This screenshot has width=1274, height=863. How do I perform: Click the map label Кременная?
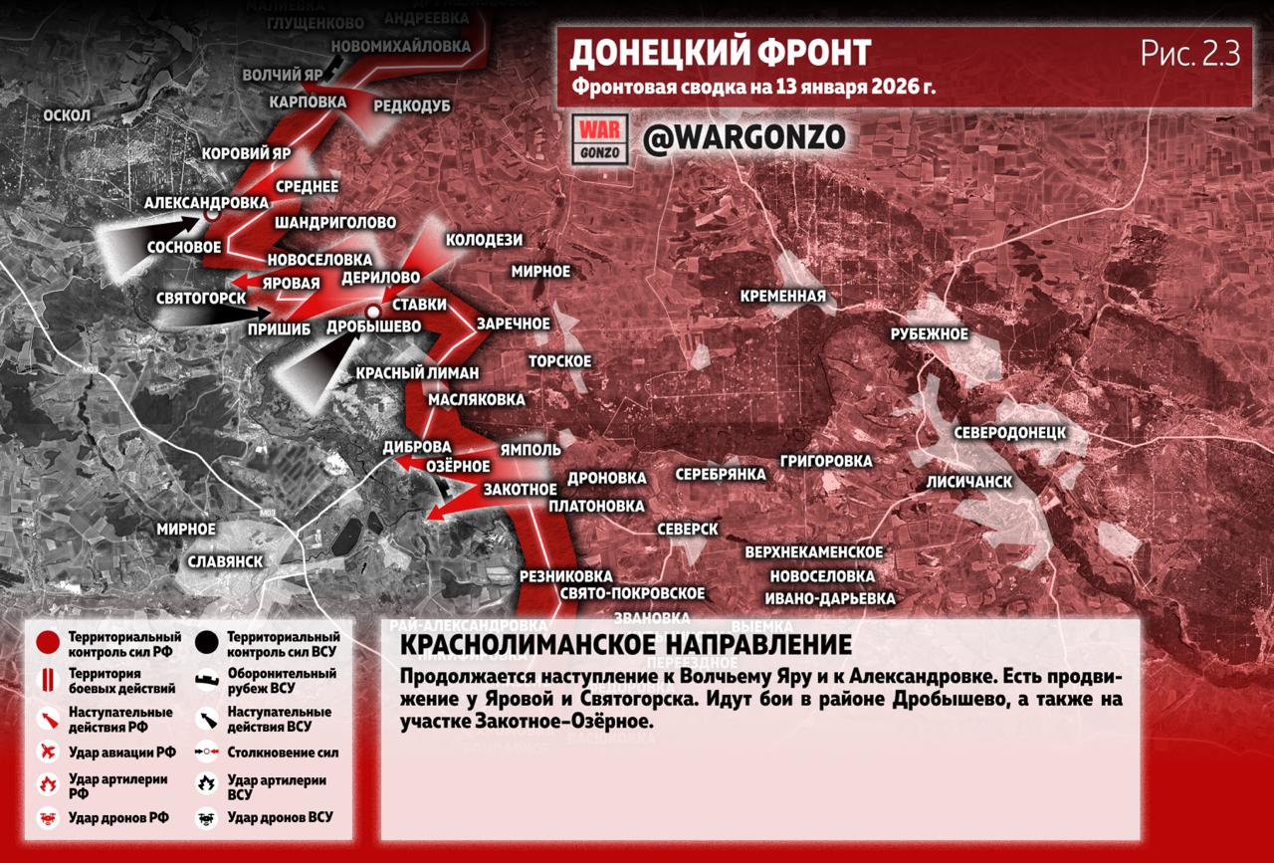(783, 296)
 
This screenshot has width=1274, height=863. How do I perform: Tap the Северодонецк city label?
(1009, 433)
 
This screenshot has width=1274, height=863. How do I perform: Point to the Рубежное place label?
(929, 333)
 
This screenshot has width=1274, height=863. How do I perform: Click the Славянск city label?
(225, 561)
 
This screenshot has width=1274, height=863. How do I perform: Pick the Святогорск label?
(201, 298)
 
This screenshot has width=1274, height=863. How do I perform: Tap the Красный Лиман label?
(418, 373)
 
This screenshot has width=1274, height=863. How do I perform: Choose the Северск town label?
(688, 529)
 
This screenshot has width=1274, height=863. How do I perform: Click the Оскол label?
(67, 115)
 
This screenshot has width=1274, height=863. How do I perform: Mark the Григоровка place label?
(826, 461)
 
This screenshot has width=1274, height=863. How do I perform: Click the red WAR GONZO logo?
(600, 139)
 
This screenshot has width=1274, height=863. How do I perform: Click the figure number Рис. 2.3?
(1190, 55)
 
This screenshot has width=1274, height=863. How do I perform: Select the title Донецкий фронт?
(721, 52)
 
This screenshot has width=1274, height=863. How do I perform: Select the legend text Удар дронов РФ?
(118, 818)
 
